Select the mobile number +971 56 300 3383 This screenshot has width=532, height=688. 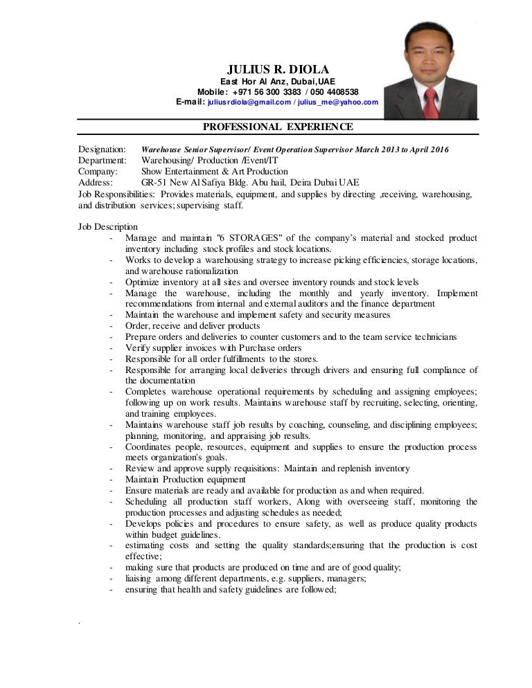point(267,92)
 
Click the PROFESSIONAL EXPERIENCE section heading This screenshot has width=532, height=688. point(278,127)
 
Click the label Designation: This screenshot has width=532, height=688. point(102,150)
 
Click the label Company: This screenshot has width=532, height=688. point(98,172)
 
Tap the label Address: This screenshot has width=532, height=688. point(96,183)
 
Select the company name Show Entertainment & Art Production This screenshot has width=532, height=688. point(215,172)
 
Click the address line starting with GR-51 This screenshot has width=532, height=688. point(250,183)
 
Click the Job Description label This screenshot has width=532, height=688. point(108,227)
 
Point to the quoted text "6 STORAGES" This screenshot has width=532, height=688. point(243,238)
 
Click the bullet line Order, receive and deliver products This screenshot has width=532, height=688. point(193,325)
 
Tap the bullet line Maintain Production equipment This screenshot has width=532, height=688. point(185,479)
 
